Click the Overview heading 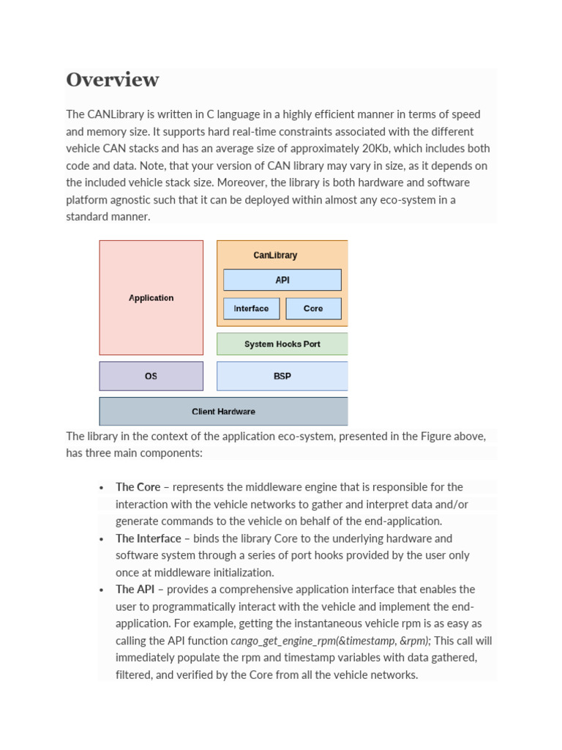point(112,80)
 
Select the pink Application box point(151,297)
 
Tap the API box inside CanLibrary point(282,280)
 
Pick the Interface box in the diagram point(251,308)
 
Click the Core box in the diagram point(313,308)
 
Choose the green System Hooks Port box point(282,344)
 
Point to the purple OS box point(151,376)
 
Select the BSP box point(282,376)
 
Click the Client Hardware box point(223,412)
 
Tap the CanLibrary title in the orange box point(275,256)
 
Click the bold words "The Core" point(138,487)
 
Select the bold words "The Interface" point(148,538)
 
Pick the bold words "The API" point(135,590)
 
